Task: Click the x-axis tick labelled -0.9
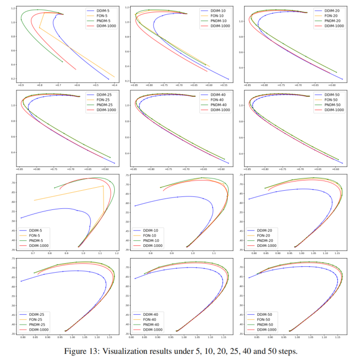tap(21, 85)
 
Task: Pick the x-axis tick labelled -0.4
tap(114, 85)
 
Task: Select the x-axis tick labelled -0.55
tap(228, 85)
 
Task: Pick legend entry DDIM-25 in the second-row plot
tap(101, 95)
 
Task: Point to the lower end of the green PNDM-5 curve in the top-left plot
tap(63, 62)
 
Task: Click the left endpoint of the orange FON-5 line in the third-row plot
tap(34, 200)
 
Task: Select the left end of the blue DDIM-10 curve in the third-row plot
tap(134, 206)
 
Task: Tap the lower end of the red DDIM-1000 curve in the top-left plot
tap(76, 69)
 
